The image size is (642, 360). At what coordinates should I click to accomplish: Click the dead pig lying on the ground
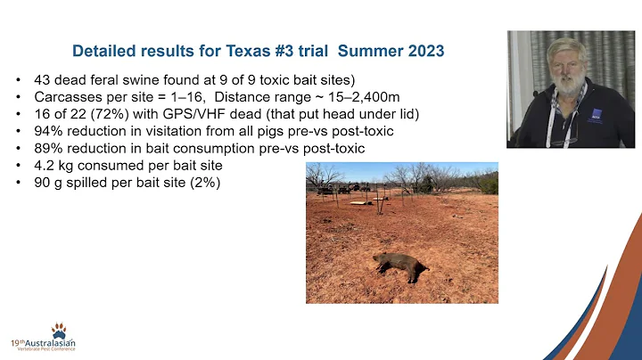click(398, 265)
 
